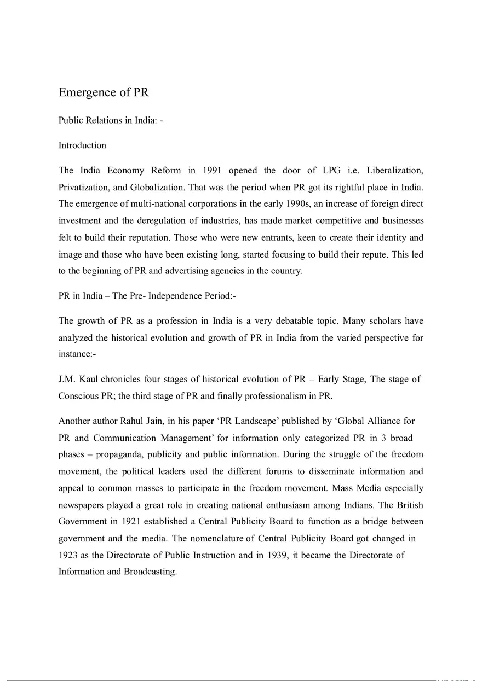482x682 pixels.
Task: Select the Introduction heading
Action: [82, 145]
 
